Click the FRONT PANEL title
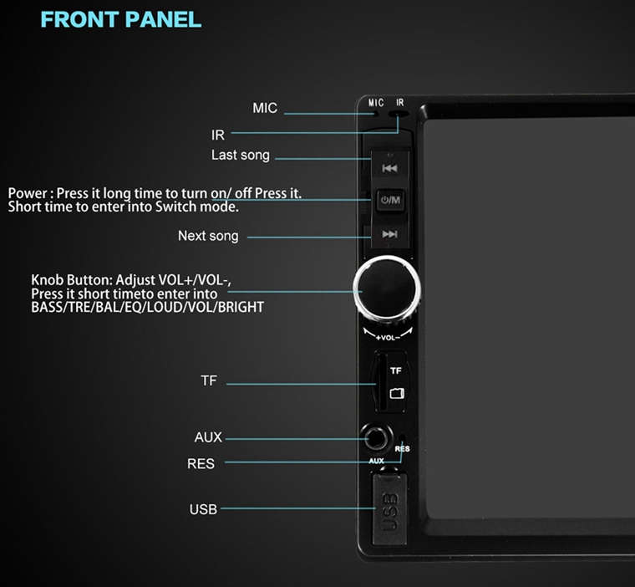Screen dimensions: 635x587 pos(120,19)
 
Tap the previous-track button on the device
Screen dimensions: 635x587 pos(389,168)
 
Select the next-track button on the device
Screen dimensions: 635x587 pos(389,234)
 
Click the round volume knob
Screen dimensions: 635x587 pos(387,289)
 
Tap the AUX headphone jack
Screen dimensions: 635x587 pos(376,438)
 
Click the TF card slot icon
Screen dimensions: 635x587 pos(397,393)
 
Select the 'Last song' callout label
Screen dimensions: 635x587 pos(240,156)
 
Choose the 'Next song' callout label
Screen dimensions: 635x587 pos(208,236)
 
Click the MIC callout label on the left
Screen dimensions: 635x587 pos(265,108)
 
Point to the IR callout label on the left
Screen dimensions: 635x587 pos(218,135)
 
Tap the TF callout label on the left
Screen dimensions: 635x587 pos(209,380)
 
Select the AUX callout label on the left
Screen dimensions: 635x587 pos(208,437)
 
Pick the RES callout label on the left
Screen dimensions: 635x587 pos(201,463)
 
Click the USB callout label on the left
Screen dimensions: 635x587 pos(203,509)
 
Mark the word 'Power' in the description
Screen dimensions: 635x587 pos(28,193)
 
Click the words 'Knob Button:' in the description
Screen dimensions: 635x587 pos(71,280)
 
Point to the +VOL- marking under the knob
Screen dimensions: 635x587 pos(388,337)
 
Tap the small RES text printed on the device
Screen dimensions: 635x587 pos(402,449)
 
